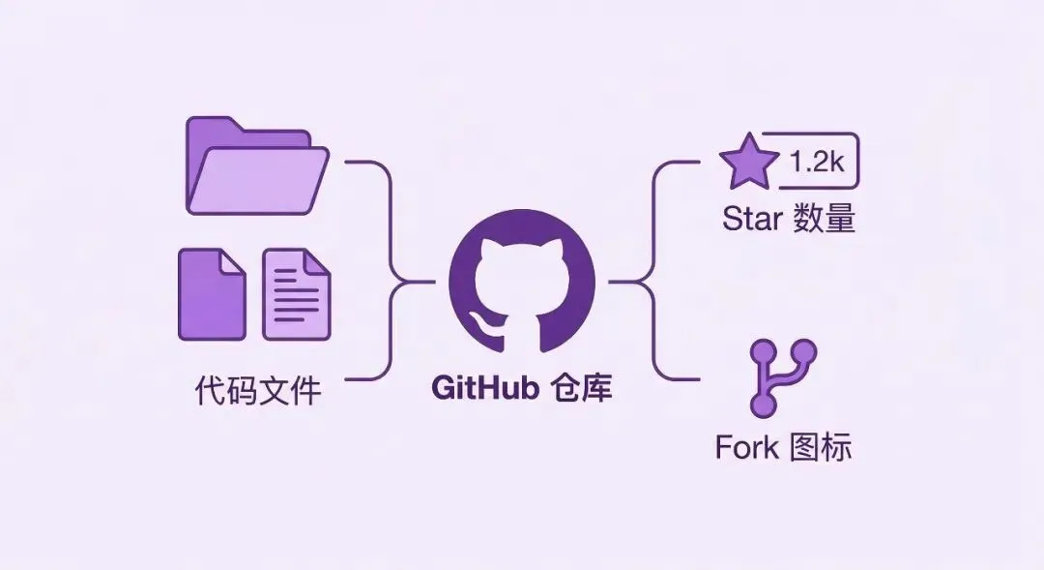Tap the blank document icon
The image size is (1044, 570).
pyautogui.click(x=212, y=294)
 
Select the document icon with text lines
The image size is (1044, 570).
pyautogui.click(x=297, y=294)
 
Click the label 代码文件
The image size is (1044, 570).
pyautogui.click(x=257, y=391)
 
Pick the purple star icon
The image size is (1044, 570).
pyautogui.click(x=749, y=164)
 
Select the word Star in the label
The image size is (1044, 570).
pyautogui.click(x=752, y=219)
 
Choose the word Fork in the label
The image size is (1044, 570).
pyautogui.click(x=747, y=447)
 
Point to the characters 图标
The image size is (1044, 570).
pyautogui.click(x=821, y=447)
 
